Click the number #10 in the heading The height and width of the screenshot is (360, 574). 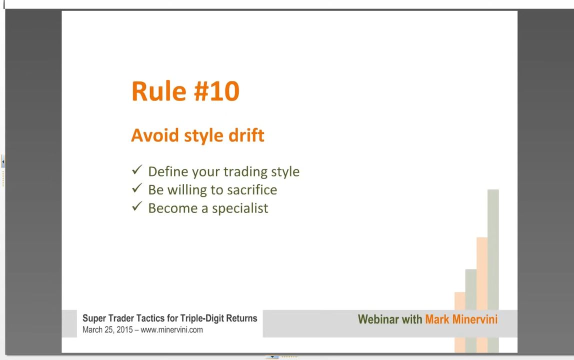[x=216, y=91]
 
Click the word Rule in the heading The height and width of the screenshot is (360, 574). [x=158, y=91]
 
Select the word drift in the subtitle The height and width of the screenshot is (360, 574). [x=246, y=135]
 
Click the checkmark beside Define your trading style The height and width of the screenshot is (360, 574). [x=137, y=169]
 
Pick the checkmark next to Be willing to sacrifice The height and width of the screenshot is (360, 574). [x=137, y=188]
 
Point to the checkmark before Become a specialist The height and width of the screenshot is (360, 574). [x=137, y=206]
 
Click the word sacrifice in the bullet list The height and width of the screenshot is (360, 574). [x=252, y=189]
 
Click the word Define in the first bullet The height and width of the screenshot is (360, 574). [x=168, y=171]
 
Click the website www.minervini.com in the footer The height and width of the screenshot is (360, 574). [x=171, y=329]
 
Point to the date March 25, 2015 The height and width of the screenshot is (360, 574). [x=107, y=329]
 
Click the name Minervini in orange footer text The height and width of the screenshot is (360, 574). [x=475, y=319]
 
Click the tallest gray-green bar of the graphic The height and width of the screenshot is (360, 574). [x=493, y=271]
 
